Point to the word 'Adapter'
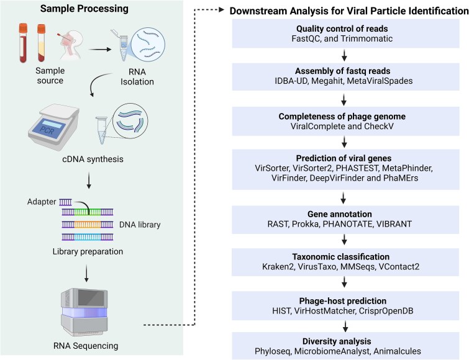pyautogui.click(x=42, y=202)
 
